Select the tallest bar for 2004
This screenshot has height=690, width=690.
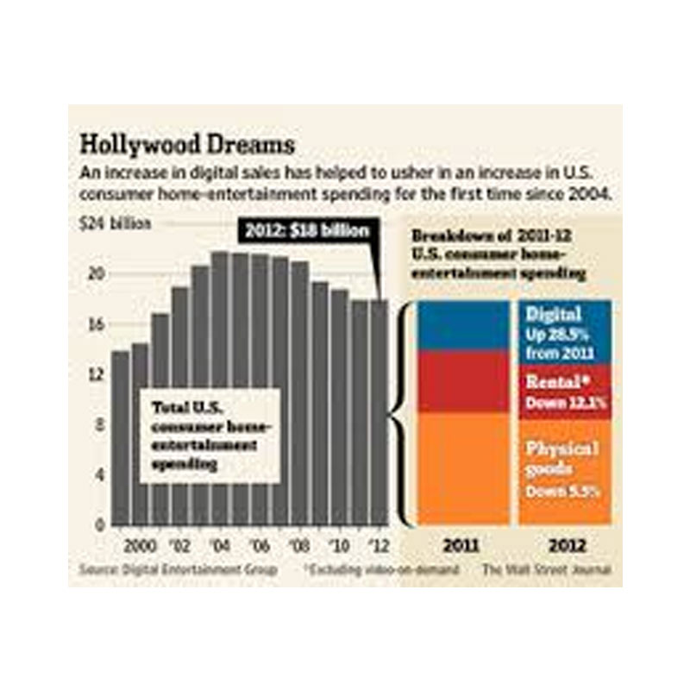tap(220, 388)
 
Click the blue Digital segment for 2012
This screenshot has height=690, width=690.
tap(565, 332)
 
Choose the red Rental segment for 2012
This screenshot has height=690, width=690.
tap(565, 391)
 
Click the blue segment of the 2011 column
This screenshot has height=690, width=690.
tap(462, 325)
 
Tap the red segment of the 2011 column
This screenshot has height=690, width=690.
tap(462, 382)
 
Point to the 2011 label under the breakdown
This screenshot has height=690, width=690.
tap(462, 546)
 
